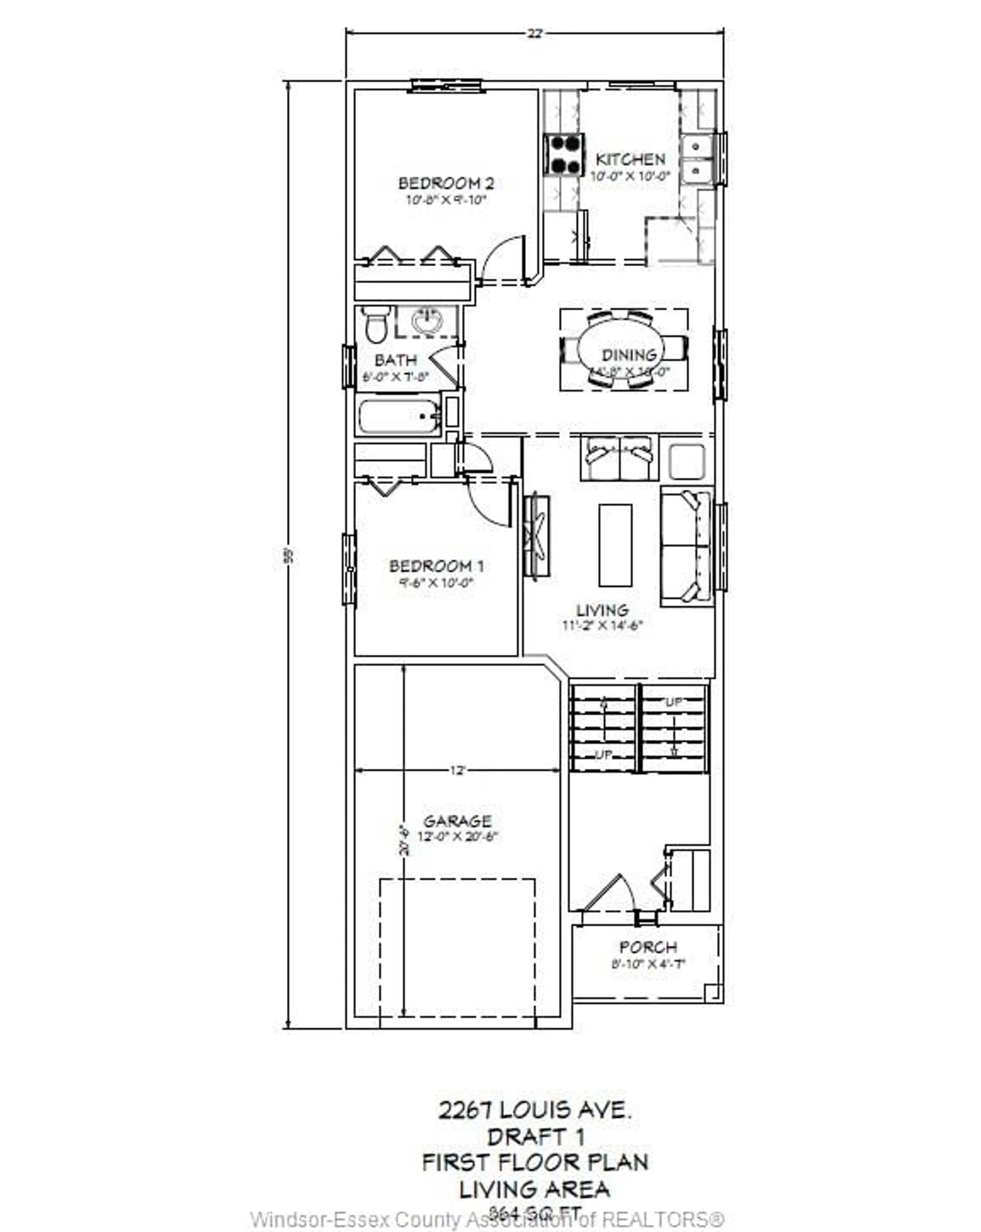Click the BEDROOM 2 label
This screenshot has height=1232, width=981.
[x=446, y=183]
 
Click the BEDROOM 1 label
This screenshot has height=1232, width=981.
[x=437, y=566]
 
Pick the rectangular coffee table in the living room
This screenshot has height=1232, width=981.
[x=615, y=545]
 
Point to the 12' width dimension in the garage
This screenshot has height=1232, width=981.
[x=457, y=770]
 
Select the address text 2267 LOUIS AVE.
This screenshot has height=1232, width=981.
[x=535, y=1110]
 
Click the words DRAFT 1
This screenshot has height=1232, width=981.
[x=535, y=1137]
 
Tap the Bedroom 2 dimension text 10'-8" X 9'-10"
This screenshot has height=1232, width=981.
[x=446, y=200]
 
